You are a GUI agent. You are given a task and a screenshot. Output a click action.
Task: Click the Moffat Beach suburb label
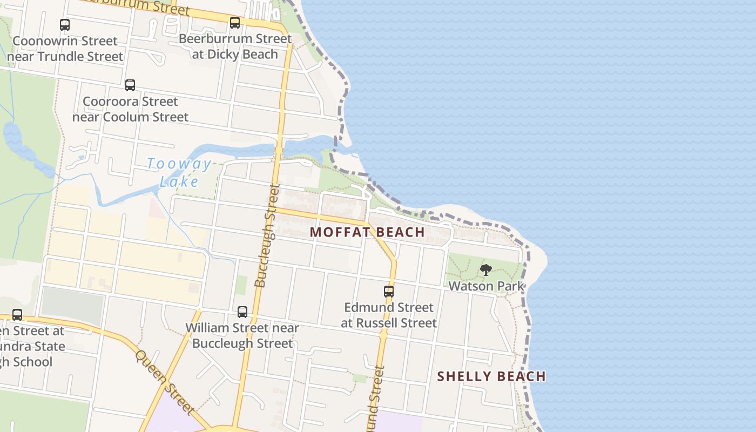367,232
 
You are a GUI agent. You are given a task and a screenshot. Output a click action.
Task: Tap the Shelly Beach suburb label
491,376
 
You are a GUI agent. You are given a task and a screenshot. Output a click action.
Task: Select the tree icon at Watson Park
486,270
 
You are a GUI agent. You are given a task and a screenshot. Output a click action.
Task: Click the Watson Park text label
487,286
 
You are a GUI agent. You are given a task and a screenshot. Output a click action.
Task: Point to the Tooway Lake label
179,172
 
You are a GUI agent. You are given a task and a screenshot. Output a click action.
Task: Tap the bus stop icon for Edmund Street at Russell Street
389,292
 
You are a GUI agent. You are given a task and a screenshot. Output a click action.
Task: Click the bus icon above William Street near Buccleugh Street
242,312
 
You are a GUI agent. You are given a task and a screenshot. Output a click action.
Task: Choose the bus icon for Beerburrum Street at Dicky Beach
235,23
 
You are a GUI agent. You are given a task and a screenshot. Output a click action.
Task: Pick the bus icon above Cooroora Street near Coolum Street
130,85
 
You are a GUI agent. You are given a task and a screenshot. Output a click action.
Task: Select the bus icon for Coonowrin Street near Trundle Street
65,24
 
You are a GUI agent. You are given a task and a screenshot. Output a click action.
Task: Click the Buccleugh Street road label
267,235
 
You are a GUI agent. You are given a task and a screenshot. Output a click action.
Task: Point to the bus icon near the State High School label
17,314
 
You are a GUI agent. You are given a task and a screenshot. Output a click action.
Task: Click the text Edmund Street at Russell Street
389,315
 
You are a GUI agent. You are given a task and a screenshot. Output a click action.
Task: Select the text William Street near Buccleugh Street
242,335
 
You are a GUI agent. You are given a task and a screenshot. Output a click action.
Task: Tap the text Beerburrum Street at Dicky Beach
235,46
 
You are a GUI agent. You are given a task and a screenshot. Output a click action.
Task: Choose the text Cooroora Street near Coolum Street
130,109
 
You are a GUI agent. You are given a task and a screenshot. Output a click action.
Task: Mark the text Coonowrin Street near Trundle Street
65,49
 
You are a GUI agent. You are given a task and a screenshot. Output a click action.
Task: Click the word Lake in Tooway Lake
179,181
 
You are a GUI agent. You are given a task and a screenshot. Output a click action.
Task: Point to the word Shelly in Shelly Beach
462,376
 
